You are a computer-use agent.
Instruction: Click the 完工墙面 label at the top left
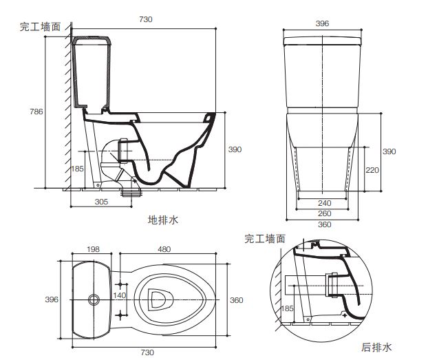coord(41,27)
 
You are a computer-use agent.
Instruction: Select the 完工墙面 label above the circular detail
coord(266,238)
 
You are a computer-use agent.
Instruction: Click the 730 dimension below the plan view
coord(147,352)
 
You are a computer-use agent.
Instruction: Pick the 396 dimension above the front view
coord(323,23)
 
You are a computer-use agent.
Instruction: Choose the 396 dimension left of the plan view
coord(52,299)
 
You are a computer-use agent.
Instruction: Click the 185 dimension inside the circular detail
coord(287,309)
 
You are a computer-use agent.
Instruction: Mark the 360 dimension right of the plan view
coord(236,300)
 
